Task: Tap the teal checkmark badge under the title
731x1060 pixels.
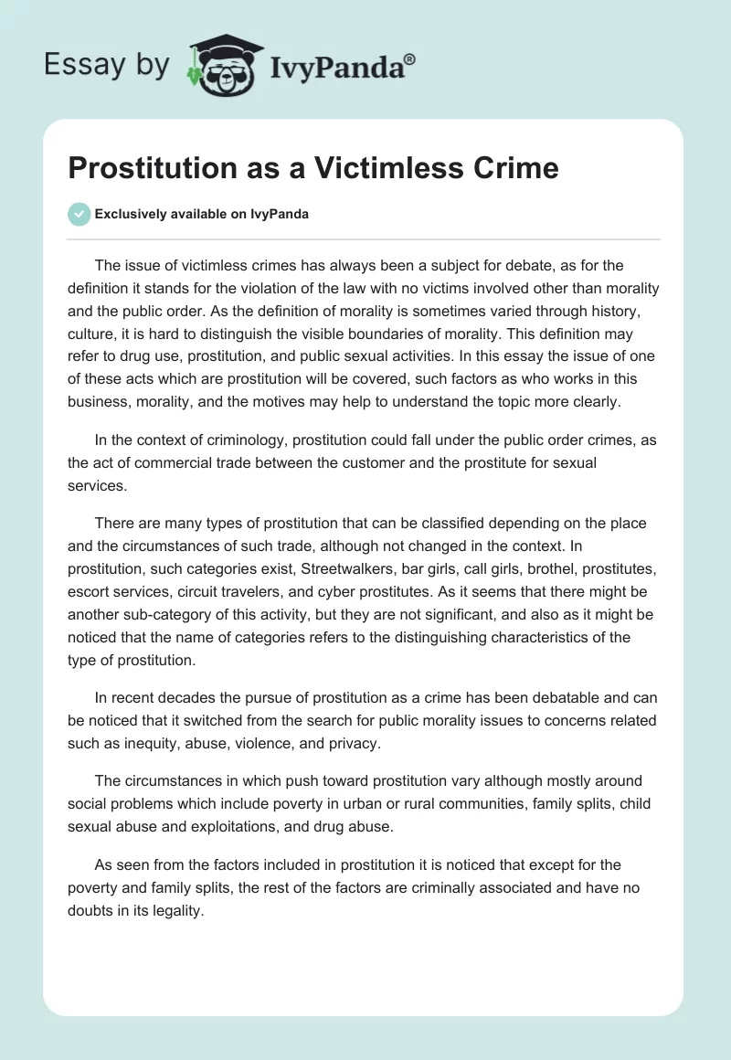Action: coord(79,214)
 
